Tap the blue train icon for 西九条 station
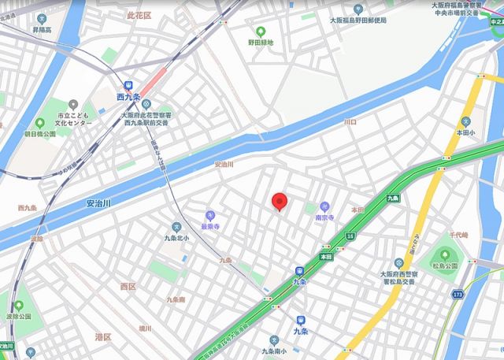point(126,86)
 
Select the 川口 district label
point(350,122)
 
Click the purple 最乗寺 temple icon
point(209,214)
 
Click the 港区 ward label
point(104,336)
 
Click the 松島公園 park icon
point(445,254)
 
